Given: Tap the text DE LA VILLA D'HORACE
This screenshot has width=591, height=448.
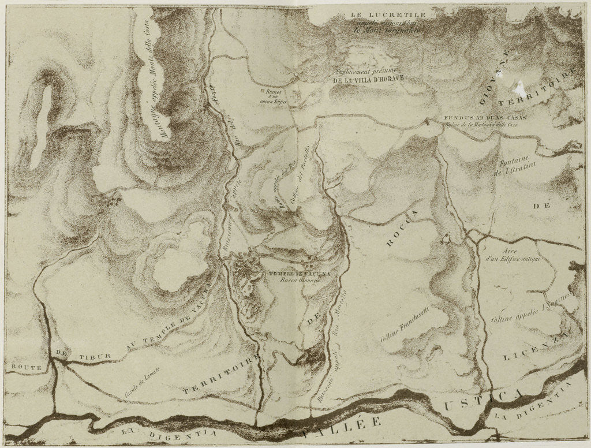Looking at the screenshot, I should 367,81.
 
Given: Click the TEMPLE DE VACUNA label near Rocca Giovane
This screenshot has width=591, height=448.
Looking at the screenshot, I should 290,275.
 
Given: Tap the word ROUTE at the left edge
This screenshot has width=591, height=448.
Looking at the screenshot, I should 21,365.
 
